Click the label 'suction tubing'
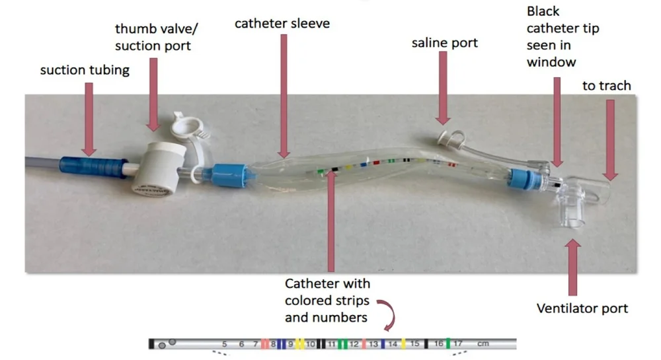(x=85, y=69)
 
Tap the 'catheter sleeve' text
(x=282, y=24)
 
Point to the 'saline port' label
(x=444, y=43)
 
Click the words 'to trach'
(x=606, y=86)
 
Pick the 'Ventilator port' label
(x=582, y=308)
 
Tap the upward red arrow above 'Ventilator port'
(x=572, y=267)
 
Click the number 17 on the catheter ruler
(x=458, y=344)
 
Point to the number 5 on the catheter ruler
(x=224, y=344)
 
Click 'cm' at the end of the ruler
(x=483, y=344)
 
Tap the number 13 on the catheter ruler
(x=373, y=344)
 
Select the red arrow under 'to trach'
(x=609, y=139)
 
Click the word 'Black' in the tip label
(x=543, y=11)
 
